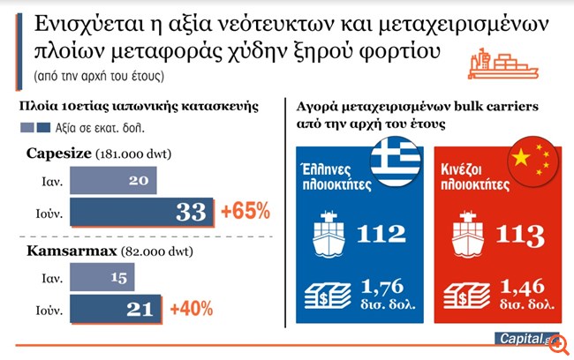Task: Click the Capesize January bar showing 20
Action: (x=113, y=180)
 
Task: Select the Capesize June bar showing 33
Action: (x=141, y=212)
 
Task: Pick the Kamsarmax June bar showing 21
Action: (x=116, y=310)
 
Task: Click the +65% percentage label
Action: (x=245, y=212)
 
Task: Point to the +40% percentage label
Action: (x=192, y=310)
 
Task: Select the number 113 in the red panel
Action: (x=520, y=236)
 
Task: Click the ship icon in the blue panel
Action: (x=329, y=235)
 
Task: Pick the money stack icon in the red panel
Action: (x=465, y=293)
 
